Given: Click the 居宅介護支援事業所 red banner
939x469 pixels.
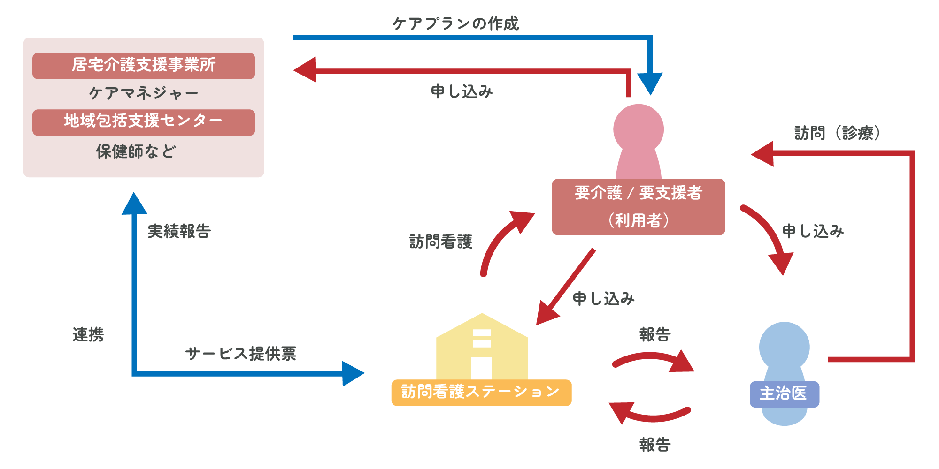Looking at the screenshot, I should pos(143,66).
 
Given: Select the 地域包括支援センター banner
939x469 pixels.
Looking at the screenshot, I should pos(143,122).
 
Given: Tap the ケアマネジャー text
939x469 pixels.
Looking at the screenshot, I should pos(143,93).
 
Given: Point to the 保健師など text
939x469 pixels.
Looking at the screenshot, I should pos(136,151).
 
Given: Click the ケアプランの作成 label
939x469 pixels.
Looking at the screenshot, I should pos(455,23).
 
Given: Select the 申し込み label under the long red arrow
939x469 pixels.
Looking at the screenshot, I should pos(462,91).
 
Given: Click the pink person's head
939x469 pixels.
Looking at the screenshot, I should pos(638,128).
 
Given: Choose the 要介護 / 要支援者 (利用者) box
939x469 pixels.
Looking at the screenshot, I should pos(638,207).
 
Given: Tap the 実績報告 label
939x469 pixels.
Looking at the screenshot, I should pos(179,231).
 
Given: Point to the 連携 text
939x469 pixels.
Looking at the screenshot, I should pos(88,334).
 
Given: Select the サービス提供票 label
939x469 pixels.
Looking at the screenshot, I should pos(240,353).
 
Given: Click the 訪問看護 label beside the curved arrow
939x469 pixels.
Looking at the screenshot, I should pos(440,242).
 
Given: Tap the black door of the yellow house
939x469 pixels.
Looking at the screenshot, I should pos(481,368).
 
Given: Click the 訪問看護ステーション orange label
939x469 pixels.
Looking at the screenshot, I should pos(481,392).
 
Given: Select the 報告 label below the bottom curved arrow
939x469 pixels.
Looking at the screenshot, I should pos(654,444).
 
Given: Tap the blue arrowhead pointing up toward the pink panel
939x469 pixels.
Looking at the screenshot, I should pos(134,204).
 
